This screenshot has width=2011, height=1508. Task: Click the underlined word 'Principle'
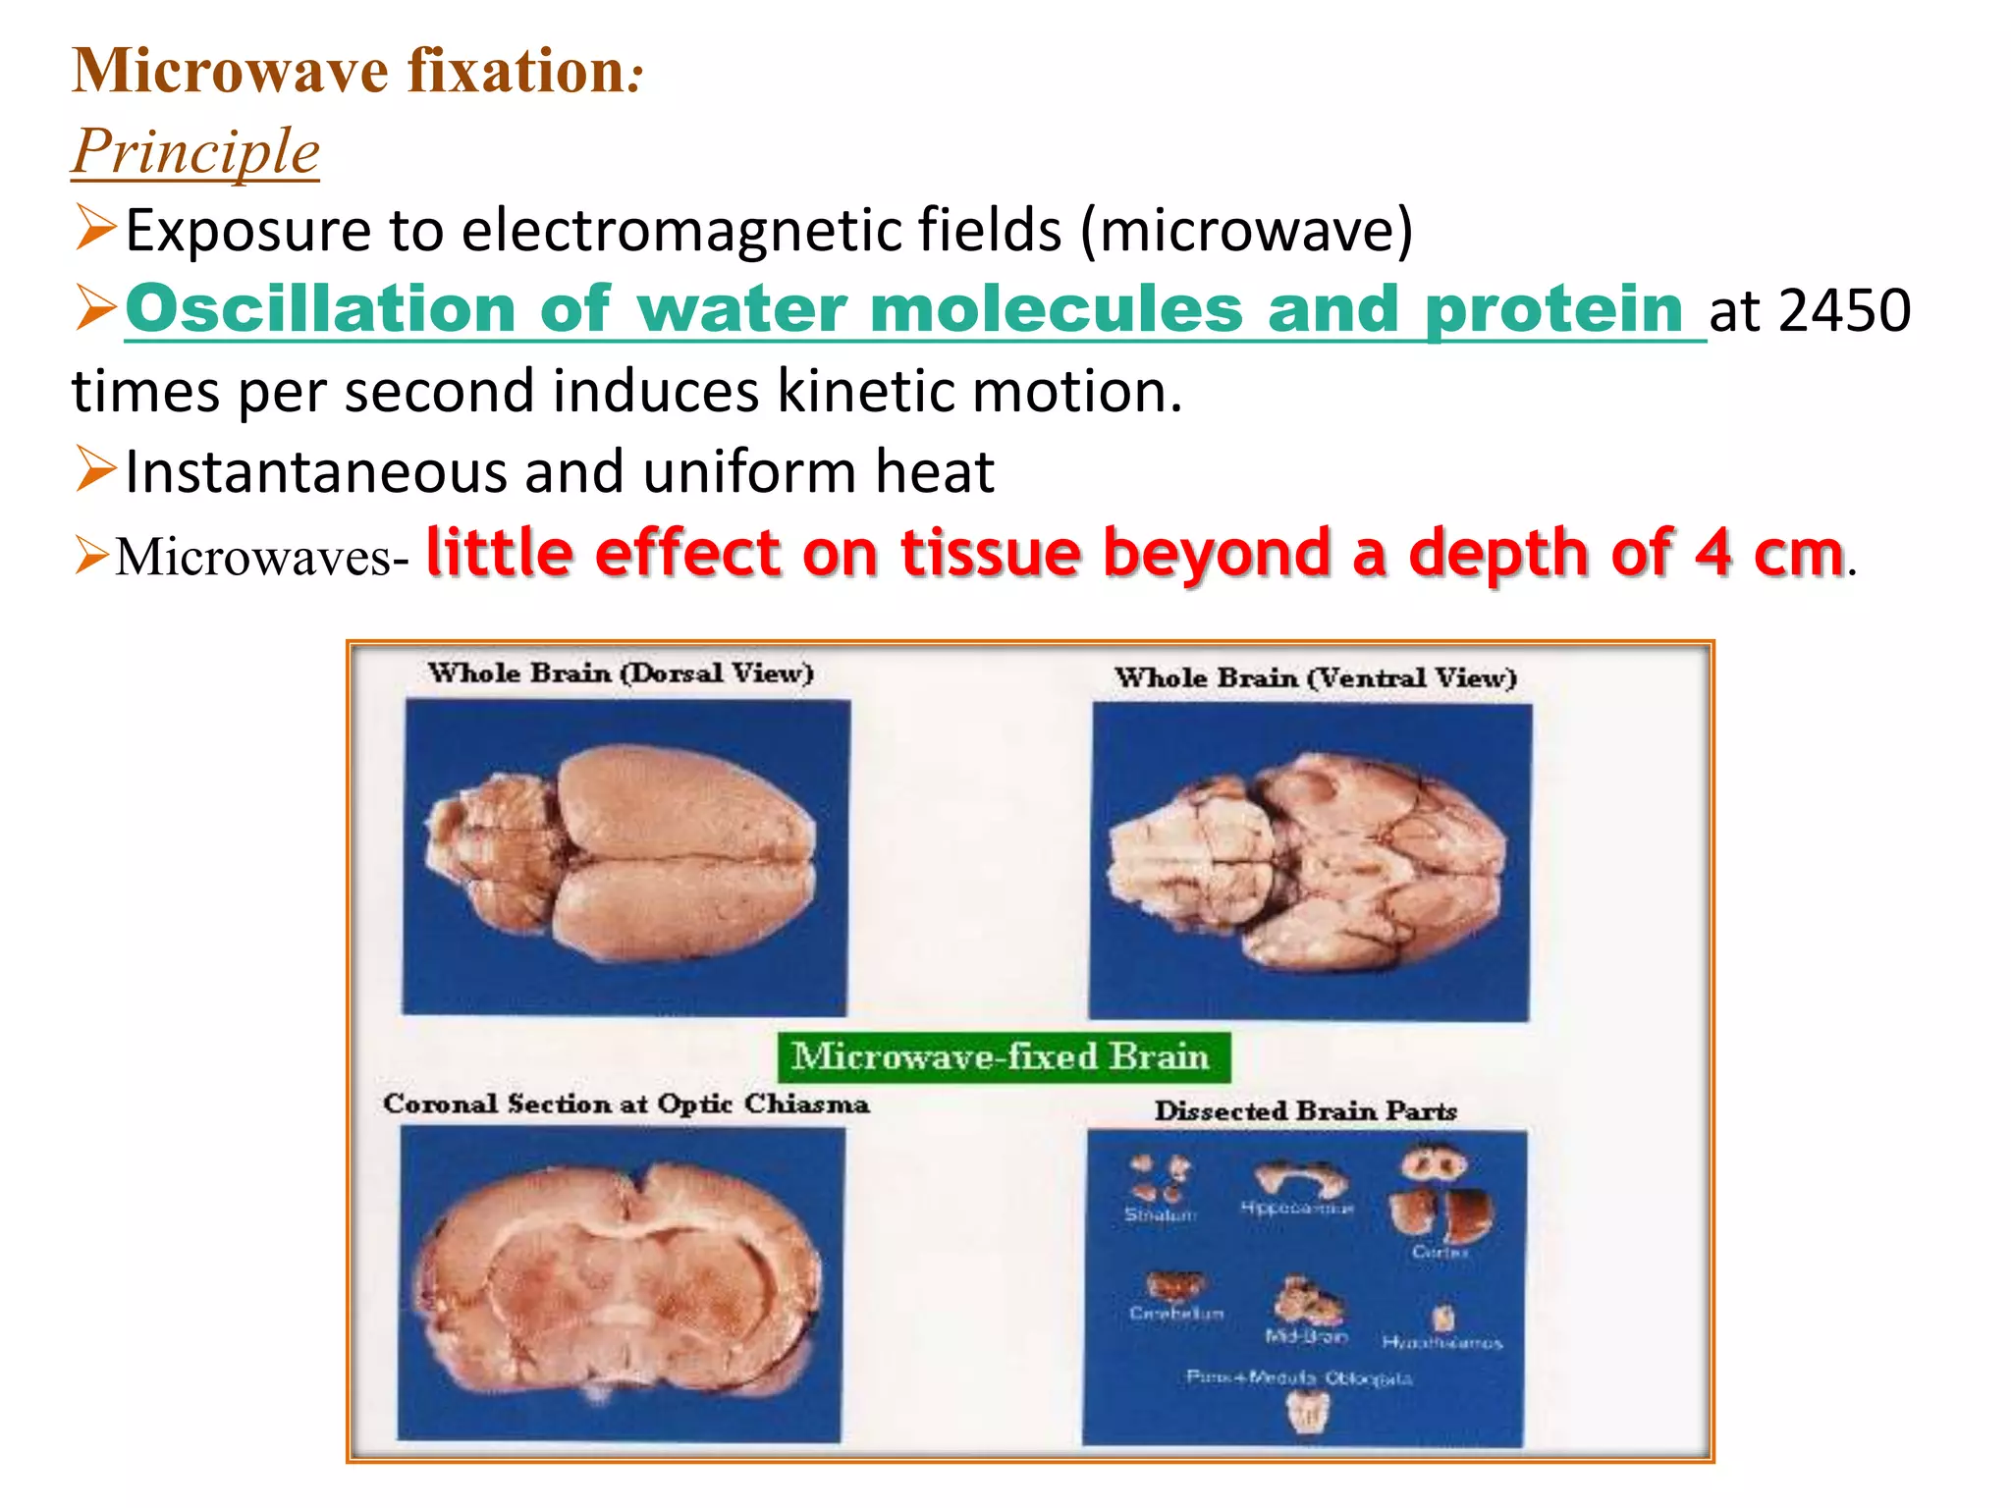point(195,151)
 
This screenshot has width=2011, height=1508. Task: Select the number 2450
point(1843,311)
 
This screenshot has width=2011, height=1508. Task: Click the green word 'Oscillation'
point(320,309)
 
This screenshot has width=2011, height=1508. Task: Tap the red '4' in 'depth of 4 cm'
point(1712,553)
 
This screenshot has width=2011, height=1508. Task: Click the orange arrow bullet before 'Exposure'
point(95,228)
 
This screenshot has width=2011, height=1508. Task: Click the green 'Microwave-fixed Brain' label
point(1002,1056)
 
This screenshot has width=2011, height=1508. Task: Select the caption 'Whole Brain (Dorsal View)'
point(621,673)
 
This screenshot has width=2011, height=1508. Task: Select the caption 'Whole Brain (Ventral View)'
point(1315,678)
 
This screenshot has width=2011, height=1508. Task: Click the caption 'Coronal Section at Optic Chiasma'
point(625,1104)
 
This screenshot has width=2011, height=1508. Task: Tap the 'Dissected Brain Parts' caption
point(1304,1111)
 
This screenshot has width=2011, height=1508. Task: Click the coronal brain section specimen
point(621,1281)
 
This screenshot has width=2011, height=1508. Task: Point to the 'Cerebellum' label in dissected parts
point(1175,1314)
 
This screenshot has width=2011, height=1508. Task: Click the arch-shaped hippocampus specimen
point(1299,1177)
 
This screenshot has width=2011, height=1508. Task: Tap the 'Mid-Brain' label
point(1306,1337)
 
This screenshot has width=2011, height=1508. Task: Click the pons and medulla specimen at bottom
point(1308,1412)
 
